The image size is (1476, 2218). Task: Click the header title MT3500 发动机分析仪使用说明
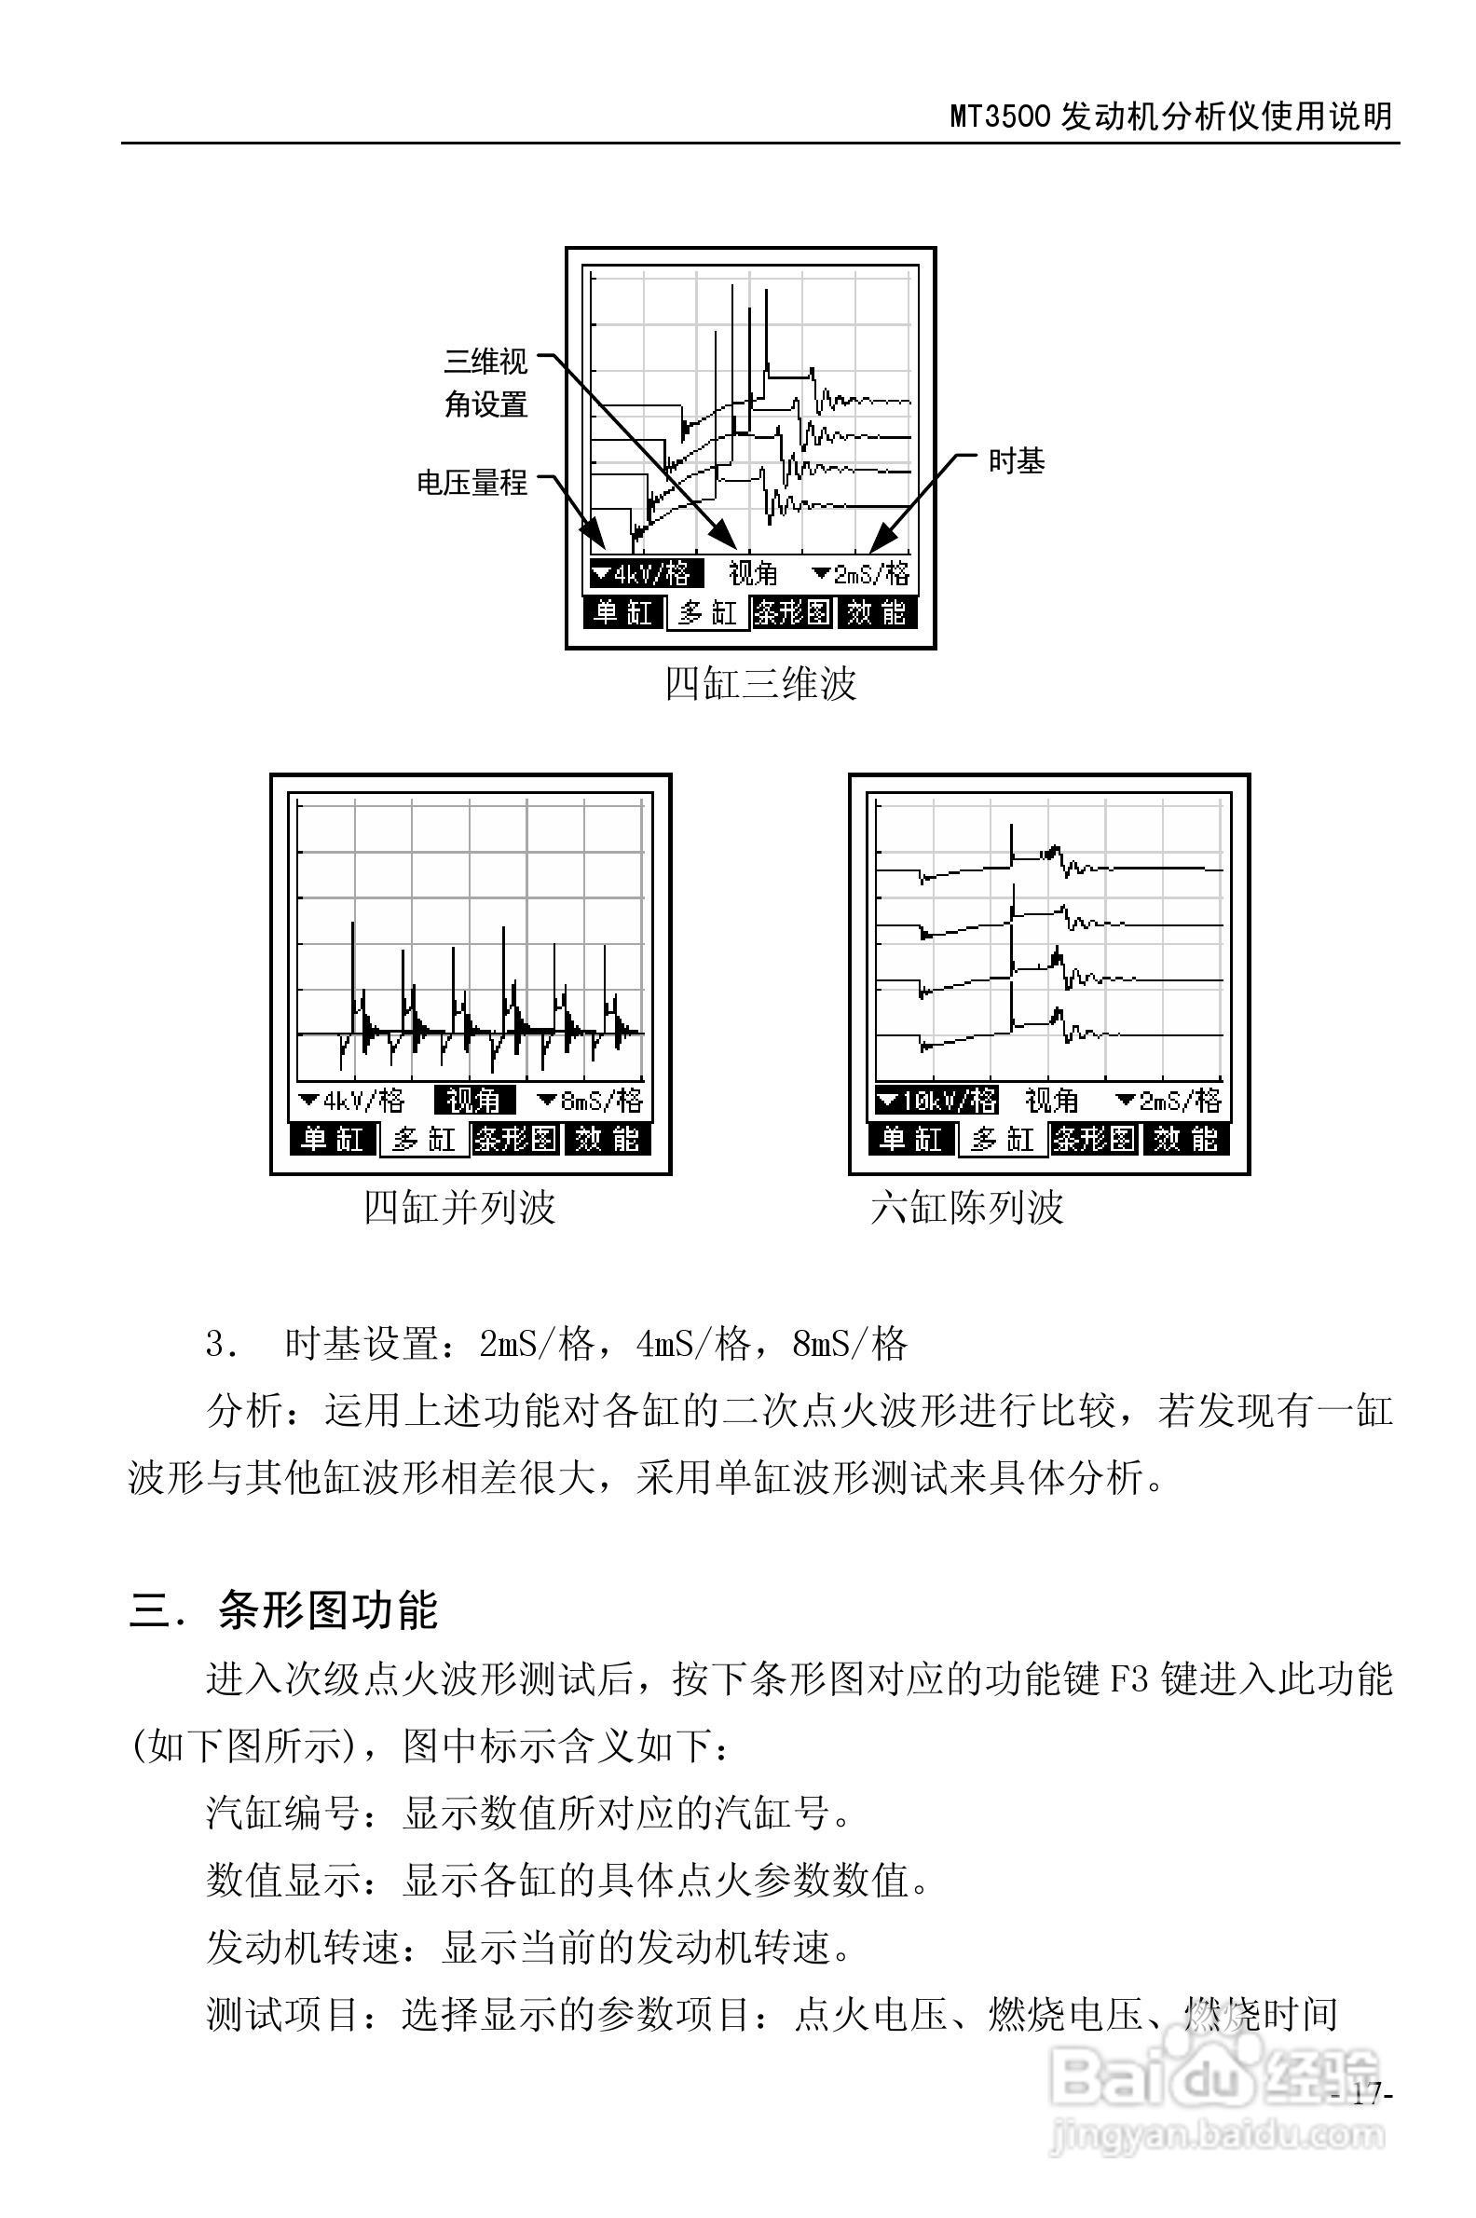(1170, 116)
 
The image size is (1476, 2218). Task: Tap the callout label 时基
(1016, 461)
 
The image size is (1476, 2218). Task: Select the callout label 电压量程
(472, 483)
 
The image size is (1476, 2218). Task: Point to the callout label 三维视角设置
(485, 383)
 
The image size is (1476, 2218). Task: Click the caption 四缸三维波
(760, 684)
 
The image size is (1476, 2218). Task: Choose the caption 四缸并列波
(459, 1208)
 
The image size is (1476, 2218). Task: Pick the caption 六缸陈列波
(966, 1208)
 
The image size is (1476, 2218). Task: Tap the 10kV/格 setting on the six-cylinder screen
(936, 1101)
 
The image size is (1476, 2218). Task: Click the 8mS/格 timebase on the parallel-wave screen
(590, 1101)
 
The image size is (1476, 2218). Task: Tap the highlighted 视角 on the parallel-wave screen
(473, 1101)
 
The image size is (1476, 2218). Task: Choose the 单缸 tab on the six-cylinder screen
(910, 1140)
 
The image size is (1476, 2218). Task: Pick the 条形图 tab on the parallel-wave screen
(515, 1140)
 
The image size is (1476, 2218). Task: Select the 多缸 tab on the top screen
(708, 614)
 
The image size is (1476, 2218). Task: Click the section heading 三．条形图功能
(283, 1610)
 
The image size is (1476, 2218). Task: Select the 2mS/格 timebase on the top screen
(861, 573)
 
